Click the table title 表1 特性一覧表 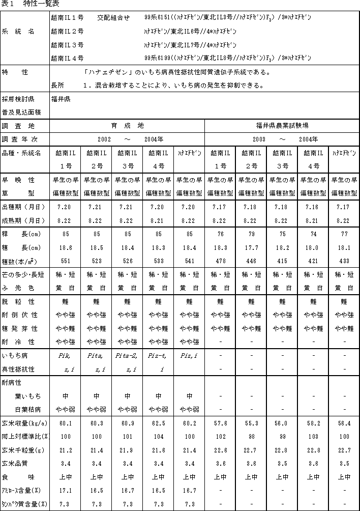(x=31, y=4)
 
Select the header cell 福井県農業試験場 (x=282, y=125)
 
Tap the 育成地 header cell (x=127, y=125)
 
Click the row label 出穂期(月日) (x=24, y=207)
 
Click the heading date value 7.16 (x=313, y=207)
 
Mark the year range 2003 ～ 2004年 (x=282, y=139)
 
